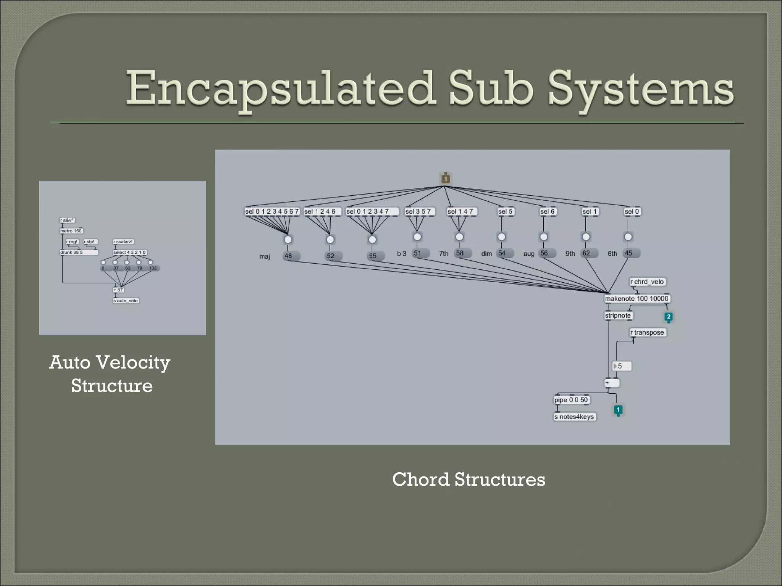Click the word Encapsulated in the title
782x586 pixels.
coord(281,89)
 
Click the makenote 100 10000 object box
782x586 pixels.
coord(637,298)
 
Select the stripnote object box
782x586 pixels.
coord(618,316)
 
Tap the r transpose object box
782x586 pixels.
coord(647,332)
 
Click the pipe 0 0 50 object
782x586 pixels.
coord(571,400)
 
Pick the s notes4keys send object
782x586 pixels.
coord(574,417)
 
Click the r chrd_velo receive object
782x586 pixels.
coord(647,282)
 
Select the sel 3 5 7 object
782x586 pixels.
coord(418,211)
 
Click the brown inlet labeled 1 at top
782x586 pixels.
coord(445,178)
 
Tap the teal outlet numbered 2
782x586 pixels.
coord(668,317)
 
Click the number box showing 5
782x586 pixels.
coord(622,366)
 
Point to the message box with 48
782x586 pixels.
coord(291,256)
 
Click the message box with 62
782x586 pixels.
coord(589,253)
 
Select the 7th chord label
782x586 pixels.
coord(443,253)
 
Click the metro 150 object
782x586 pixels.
coord(71,231)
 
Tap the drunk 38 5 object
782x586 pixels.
coord(78,252)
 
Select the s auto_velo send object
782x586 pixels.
coord(126,301)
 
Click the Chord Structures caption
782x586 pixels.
coord(469,479)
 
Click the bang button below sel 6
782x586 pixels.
coord(544,237)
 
